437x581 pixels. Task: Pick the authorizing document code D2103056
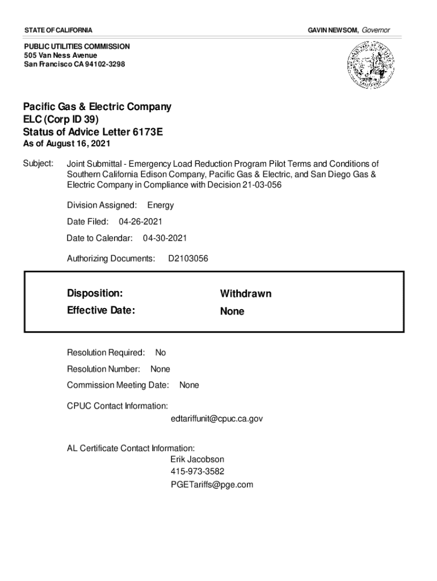click(x=188, y=259)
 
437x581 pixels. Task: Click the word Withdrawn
click(x=246, y=294)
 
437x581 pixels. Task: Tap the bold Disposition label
click(x=95, y=293)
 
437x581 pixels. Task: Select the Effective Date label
click(x=101, y=310)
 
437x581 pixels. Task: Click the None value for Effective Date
click(x=232, y=311)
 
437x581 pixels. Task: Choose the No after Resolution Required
click(x=161, y=353)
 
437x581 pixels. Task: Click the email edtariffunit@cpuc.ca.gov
click(x=217, y=419)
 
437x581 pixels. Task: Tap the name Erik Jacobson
click(x=197, y=459)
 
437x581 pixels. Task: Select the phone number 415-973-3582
click(x=198, y=472)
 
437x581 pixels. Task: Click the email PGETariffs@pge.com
click(x=212, y=485)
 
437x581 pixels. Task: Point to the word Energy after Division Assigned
click(x=161, y=205)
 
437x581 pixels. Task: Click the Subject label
click(x=38, y=163)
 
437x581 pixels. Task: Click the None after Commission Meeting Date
click(x=189, y=385)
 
